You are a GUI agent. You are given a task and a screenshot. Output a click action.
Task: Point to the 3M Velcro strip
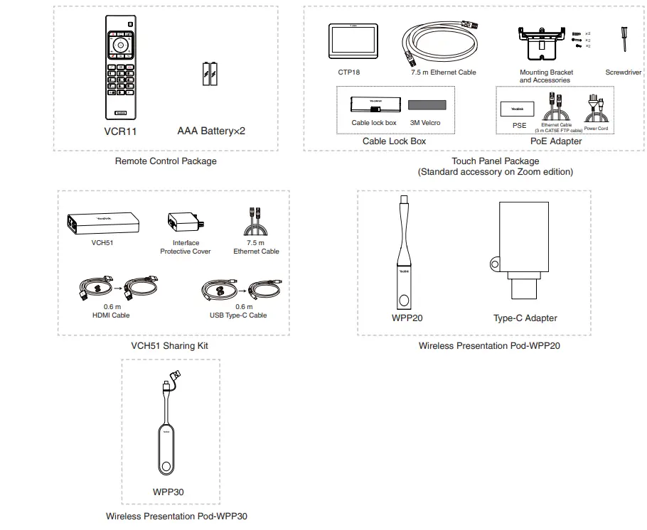(426, 105)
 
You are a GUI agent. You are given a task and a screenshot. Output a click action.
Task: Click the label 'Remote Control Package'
(166, 161)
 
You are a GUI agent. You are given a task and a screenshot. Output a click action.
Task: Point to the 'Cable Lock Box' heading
(394, 141)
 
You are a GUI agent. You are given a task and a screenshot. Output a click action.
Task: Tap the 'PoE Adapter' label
(556, 141)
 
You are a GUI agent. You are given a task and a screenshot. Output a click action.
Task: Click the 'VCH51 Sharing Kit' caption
(170, 346)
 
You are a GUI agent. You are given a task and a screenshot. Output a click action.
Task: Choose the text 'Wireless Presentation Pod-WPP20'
(489, 346)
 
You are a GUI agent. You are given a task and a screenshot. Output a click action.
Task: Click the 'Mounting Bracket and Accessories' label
(546, 76)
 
